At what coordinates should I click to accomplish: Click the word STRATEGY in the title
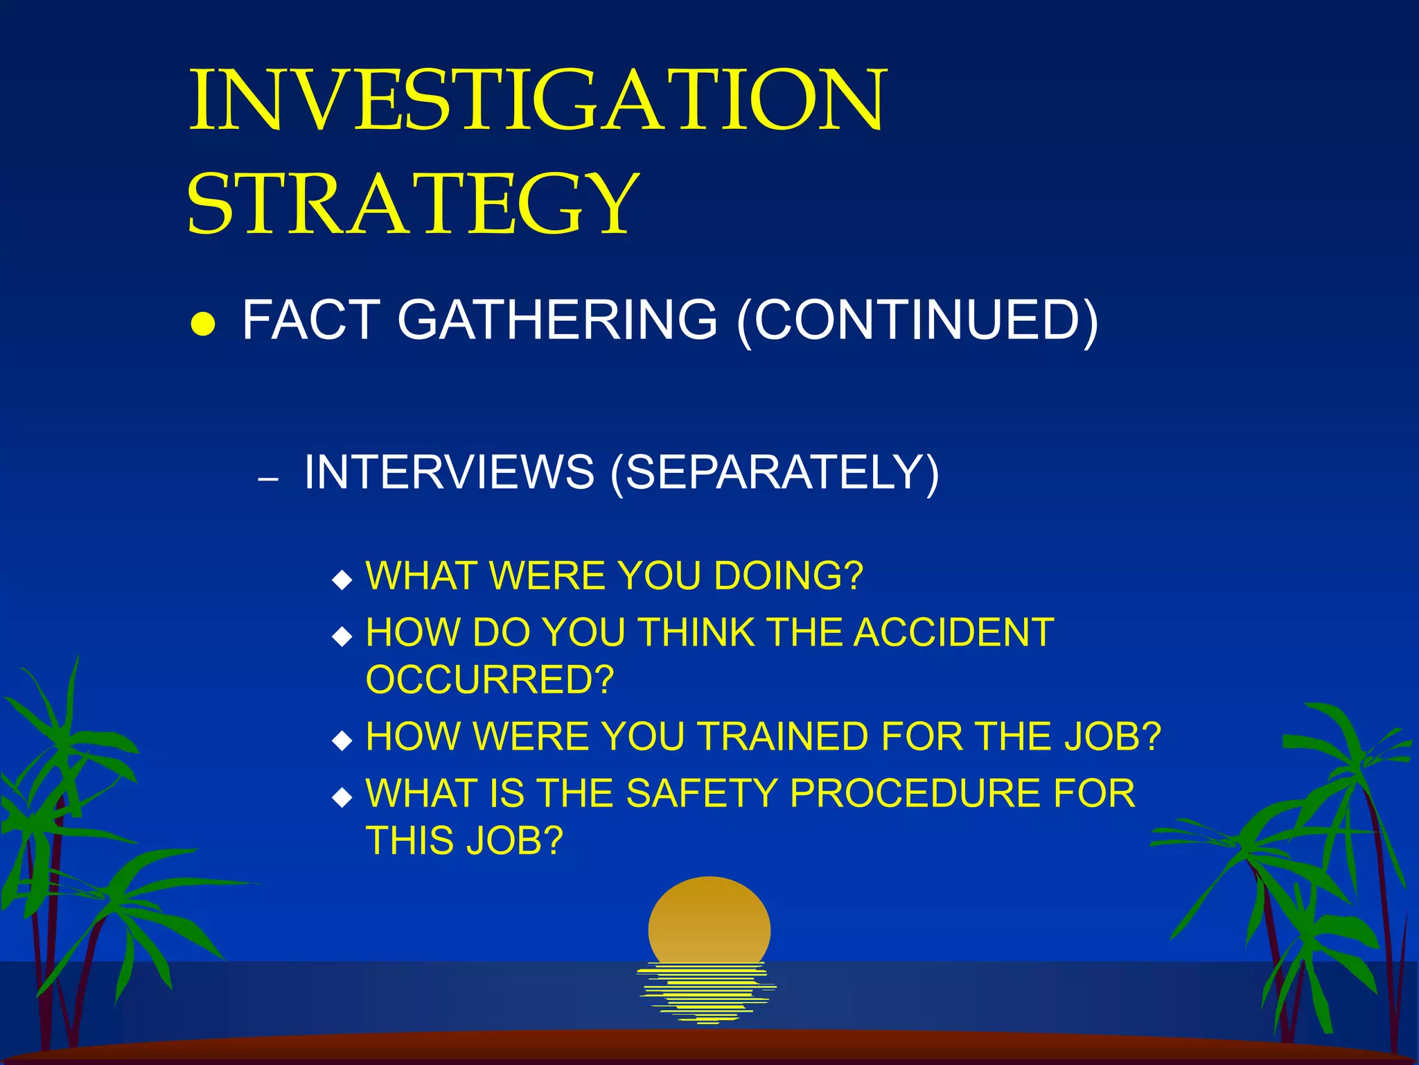point(413,203)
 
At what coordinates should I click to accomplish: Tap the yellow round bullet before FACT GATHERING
point(203,324)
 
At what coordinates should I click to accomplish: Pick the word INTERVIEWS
point(449,472)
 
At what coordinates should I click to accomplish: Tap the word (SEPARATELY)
point(775,473)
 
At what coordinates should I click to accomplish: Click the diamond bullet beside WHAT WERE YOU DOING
point(342,579)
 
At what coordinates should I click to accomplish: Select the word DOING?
point(788,575)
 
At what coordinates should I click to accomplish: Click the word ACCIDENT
point(953,632)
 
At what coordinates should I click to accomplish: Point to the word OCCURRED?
point(490,679)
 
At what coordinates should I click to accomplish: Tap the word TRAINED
point(783,736)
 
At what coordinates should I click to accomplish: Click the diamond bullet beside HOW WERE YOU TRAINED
point(342,741)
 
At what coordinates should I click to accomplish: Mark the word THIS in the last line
point(409,840)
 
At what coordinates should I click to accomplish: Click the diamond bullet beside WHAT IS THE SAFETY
point(342,797)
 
